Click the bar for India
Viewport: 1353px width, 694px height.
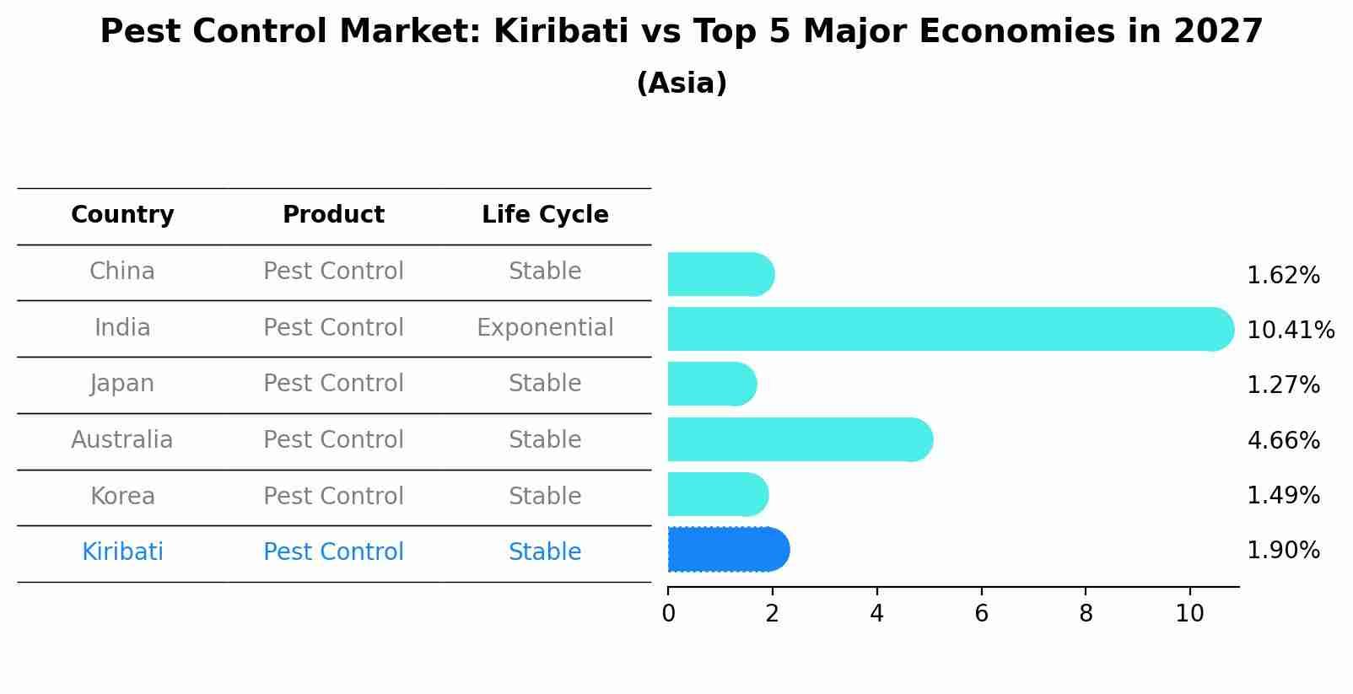click(951, 329)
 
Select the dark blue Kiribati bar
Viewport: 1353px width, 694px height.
click(728, 550)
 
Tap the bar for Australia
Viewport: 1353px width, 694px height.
click(800, 439)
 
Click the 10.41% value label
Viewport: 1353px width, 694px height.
click(1290, 330)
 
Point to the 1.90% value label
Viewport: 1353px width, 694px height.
click(1283, 551)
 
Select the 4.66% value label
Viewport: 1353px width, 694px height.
click(1283, 440)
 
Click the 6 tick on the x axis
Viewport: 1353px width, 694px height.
click(981, 614)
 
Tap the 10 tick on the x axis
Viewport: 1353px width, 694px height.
click(1189, 614)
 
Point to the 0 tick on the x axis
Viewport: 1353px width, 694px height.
click(668, 614)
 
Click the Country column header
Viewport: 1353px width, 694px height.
click(122, 215)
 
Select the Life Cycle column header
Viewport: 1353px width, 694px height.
click(545, 215)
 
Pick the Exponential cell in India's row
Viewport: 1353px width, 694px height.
click(545, 327)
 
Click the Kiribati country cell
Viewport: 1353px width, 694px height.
click(122, 552)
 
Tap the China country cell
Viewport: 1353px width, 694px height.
click(122, 272)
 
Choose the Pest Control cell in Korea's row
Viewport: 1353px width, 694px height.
click(333, 496)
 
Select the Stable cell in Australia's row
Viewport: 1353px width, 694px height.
click(545, 440)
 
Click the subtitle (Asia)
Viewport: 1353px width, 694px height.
click(682, 83)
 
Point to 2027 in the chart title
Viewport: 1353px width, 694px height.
click(1217, 32)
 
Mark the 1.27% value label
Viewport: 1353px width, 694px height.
click(1283, 385)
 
